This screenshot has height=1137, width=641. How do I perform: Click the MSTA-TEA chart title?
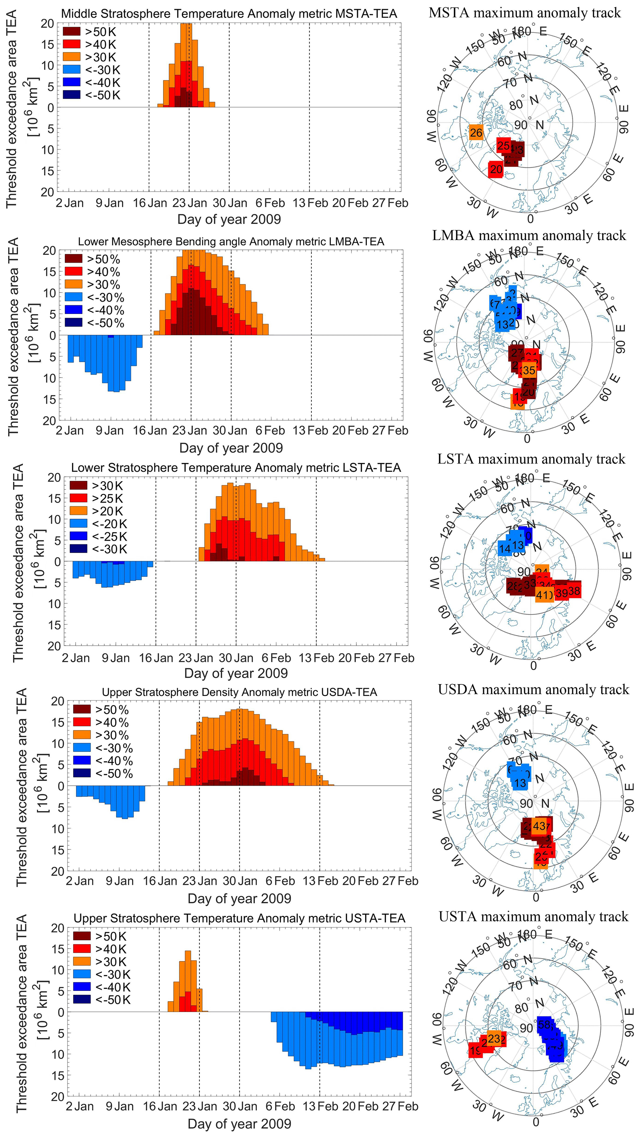pos(229,14)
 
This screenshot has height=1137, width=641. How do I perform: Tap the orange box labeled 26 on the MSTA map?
pos(476,132)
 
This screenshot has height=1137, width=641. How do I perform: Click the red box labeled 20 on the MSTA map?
pos(496,169)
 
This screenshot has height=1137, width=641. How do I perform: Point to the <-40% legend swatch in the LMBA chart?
pos(73,310)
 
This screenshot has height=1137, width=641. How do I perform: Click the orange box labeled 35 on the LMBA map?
pos(528,370)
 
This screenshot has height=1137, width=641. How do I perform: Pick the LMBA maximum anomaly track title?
pos(529,235)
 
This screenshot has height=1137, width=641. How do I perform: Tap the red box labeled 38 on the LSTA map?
pos(574,590)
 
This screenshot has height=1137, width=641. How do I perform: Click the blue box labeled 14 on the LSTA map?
pos(504,549)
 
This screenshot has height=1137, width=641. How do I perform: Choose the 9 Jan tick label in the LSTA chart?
pos(116,658)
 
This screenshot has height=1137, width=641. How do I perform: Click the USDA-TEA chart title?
pos(239,692)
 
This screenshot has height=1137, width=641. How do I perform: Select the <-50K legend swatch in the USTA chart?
pos(82,999)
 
